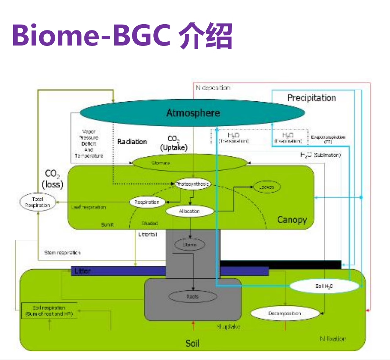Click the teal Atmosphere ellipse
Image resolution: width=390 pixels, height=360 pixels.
pyautogui.click(x=193, y=113)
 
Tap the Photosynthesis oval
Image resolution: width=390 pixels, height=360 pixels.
pyautogui.click(x=193, y=183)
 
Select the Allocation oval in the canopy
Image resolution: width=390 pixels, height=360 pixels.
pyautogui.click(x=190, y=211)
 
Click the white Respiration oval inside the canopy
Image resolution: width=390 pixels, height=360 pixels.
pyautogui.click(x=147, y=202)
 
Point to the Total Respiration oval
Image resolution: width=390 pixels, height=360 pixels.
pyautogui.click(x=38, y=202)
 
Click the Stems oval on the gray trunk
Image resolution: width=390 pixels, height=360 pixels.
pyautogui.click(x=190, y=244)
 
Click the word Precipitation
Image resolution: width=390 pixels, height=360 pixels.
pyautogui.click(x=311, y=98)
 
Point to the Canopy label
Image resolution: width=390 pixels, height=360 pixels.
pyautogui.click(x=292, y=220)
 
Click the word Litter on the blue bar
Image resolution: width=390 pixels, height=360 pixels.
pyautogui.click(x=82, y=271)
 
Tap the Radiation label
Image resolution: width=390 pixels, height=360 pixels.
pyautogui.click(x=132, y=142)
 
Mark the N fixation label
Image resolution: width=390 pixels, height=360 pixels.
pyautogui.click(x=332, y=339)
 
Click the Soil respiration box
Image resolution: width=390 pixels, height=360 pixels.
pyautogui.click(x=49, y=311)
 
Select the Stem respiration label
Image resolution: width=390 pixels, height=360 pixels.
pyautogui.click(x=62, y=252)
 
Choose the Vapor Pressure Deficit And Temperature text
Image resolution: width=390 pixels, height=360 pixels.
pyautogui.click(x=89, y=143)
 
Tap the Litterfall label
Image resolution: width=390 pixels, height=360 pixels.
pyautogui.click(x=148, y=234)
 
